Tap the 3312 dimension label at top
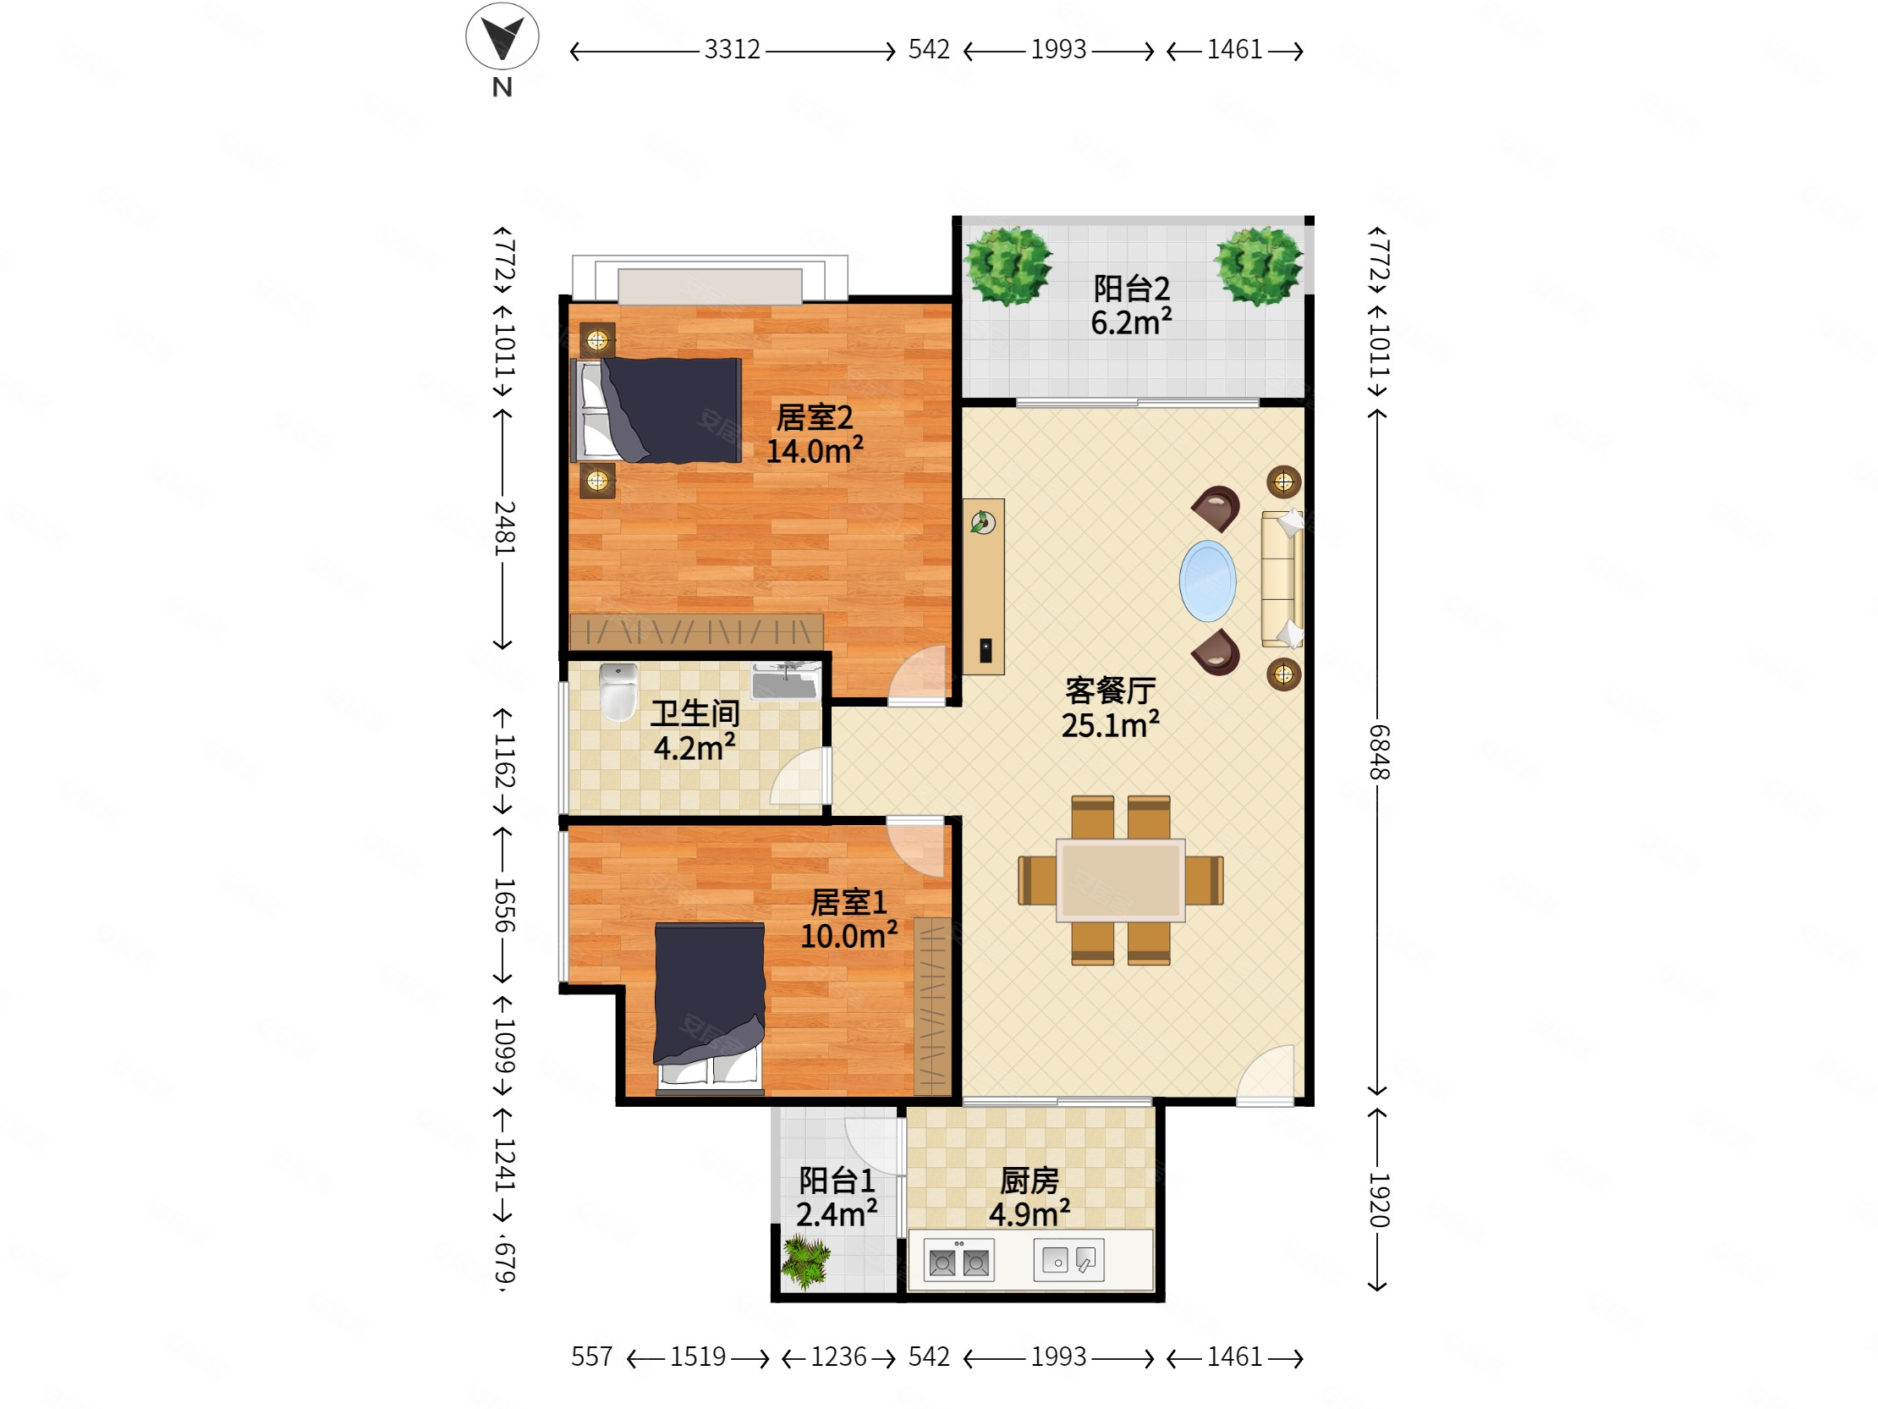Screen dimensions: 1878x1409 [x=732, y=49]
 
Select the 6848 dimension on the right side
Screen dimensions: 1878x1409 [x=1378, y=751]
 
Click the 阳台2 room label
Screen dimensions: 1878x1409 [x=1131, y=289]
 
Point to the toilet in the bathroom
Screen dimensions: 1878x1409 [x=618, y=691]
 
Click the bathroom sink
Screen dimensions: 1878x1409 [x=785, y=680]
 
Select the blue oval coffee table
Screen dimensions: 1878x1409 [x=1207, y=581]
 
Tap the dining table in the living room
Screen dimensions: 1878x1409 [x=1120, y=880]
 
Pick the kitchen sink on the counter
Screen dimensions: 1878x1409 [x=1069, y=1260]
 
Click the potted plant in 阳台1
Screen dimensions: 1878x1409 [x=804, y=1262]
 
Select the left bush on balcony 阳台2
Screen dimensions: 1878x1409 [x=1008, y=266]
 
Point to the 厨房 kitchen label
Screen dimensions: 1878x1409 [x=1029, y=1181]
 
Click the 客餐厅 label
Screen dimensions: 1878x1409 [x=1111, y=691]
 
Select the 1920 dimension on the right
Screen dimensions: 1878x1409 [x=1378, y=1200]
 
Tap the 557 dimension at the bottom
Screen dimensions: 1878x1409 [x=591, y=1357]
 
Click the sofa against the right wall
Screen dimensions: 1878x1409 [x=1282, y=579]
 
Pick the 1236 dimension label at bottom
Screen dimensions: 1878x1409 [x=838, y=1357]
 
